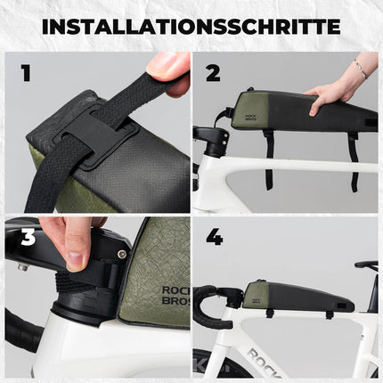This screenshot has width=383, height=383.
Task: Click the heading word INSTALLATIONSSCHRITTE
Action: click(191, 26)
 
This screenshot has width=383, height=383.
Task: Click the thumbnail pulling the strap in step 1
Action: click(161, 64)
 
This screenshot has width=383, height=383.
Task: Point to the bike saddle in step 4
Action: click(366, 265)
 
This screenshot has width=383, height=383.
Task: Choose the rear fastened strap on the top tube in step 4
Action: click(330, 314)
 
